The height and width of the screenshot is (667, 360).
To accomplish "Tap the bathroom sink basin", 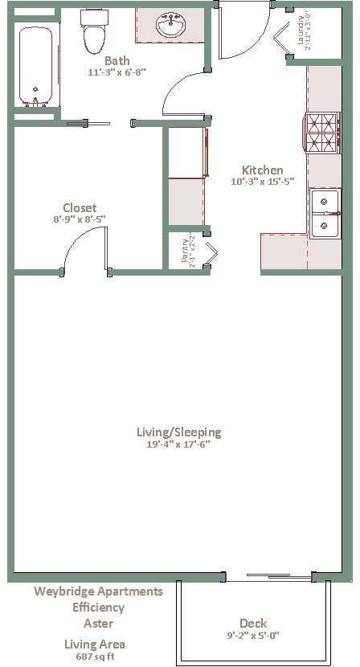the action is point(171,25).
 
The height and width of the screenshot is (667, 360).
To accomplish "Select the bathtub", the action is point(35,67).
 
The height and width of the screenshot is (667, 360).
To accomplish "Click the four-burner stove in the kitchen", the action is point(323,133).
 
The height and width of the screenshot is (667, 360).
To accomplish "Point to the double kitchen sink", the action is point(325,214).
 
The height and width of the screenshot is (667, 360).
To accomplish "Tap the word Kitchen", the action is point(263,170).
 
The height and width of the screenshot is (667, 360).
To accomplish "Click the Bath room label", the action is point(117,60).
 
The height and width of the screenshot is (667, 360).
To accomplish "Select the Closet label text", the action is point(80,208).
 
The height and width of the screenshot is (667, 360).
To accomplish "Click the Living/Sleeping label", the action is point(178,432).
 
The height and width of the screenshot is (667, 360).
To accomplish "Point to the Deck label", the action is point(253,624).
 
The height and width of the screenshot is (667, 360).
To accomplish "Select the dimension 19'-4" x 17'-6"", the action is point(178,444).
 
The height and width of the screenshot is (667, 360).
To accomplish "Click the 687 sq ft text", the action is point(95,656).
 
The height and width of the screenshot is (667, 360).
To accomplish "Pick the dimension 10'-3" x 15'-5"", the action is point(263,182).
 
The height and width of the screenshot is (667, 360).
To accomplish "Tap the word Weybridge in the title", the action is point(64,591).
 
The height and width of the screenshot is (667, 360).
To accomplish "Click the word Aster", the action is point(98,624).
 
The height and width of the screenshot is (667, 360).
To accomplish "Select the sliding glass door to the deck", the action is point(269,577).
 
